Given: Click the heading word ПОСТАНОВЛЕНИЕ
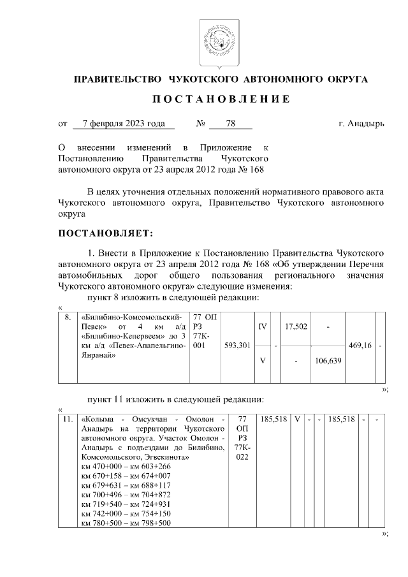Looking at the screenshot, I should click(x=221, y=99).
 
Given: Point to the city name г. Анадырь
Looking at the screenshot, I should click(x=361, y=124).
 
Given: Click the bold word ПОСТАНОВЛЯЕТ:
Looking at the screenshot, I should click(x=105, y=234).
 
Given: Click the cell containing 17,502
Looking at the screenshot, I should click(x=296, y=326).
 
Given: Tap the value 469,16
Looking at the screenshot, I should click(x=361, y=346).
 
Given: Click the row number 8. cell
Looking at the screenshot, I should click(x=67, y=317).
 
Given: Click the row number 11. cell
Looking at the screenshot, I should click(x=68, y=420).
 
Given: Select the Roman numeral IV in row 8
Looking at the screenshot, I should click(x=262, y=326).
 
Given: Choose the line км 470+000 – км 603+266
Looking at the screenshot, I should click(x=126, y=467).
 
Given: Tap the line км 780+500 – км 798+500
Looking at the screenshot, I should click(x=126, y=523).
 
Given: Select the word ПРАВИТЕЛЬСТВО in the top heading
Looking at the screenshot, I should click(x=118, y=79).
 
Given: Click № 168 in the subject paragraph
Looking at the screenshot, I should click(x=252, y=170).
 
